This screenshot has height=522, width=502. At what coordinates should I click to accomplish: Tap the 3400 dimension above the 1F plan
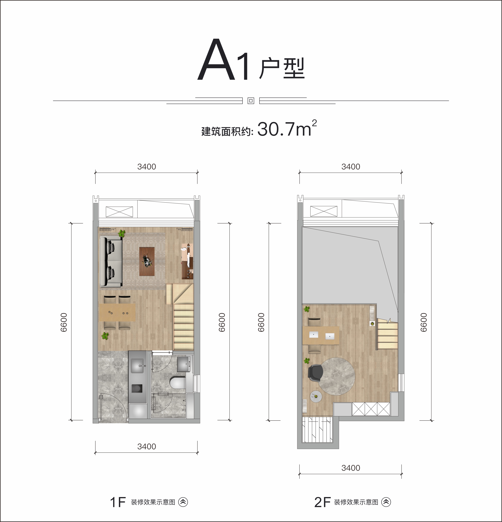click(147, 167)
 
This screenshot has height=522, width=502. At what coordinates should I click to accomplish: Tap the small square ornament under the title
click(251, 101)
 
